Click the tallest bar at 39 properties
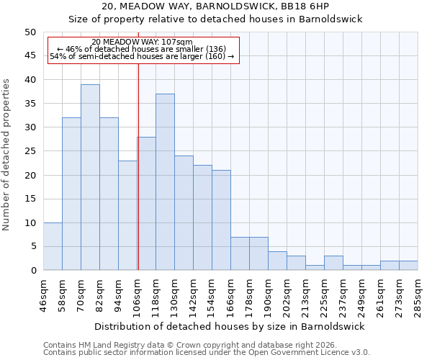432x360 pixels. click(x=90, y=177)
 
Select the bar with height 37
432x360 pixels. click(x=165, y=182)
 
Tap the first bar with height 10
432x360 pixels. click(x=53, y=246)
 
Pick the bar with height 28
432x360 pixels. click(x=146, y=203)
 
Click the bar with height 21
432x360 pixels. click(x=221, y=220)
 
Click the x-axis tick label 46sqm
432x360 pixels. click(x=43, y=294)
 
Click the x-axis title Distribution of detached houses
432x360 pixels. click(x=230, y=326)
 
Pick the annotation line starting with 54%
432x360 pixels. click(x=142, y=56)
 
